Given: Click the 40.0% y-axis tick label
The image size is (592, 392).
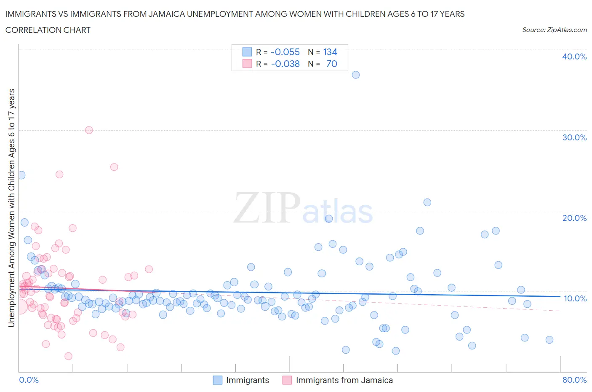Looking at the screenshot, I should point(574,56).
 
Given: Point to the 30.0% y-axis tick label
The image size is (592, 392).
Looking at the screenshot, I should point(574,137).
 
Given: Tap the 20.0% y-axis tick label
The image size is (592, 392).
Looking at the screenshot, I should point(574,218).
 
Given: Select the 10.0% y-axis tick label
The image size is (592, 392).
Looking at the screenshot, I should point(575,298).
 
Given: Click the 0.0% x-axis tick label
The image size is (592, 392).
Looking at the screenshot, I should point(29,380).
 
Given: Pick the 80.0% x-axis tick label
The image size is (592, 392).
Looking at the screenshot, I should point(574,380).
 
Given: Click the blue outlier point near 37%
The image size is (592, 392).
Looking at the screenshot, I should point(356,75).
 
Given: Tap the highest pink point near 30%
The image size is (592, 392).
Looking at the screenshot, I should point(89,130).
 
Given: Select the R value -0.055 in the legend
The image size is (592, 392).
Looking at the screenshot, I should point(285,52).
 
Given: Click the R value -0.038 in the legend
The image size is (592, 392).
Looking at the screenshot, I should point(285,64).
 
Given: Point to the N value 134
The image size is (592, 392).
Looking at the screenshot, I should point(330,52).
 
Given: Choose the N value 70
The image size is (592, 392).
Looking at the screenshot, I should point(332,64).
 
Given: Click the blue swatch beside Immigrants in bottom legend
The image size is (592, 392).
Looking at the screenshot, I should point(217,380).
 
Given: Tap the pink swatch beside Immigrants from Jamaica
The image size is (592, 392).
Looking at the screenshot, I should point(287,380).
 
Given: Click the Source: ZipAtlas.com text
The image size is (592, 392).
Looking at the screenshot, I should point(554,30).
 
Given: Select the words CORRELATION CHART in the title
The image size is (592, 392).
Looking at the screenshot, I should point(48,30).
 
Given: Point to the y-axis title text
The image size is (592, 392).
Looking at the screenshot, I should point(11,208).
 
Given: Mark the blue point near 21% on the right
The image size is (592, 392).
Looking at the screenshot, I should point(427,202).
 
